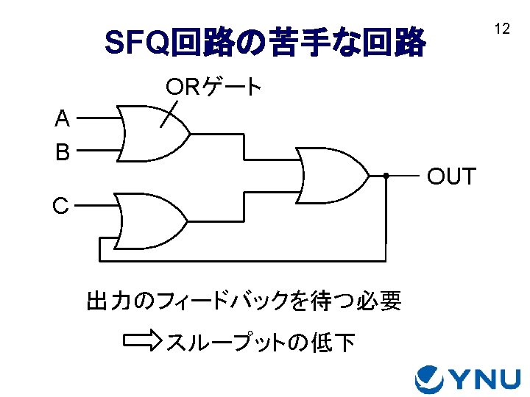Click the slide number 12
point(502,29)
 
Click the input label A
point(63,118)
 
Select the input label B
point(63,152)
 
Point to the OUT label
point(452,177)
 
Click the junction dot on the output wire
point(386,176)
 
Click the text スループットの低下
point(261,342)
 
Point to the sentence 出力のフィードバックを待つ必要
point(244,301)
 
